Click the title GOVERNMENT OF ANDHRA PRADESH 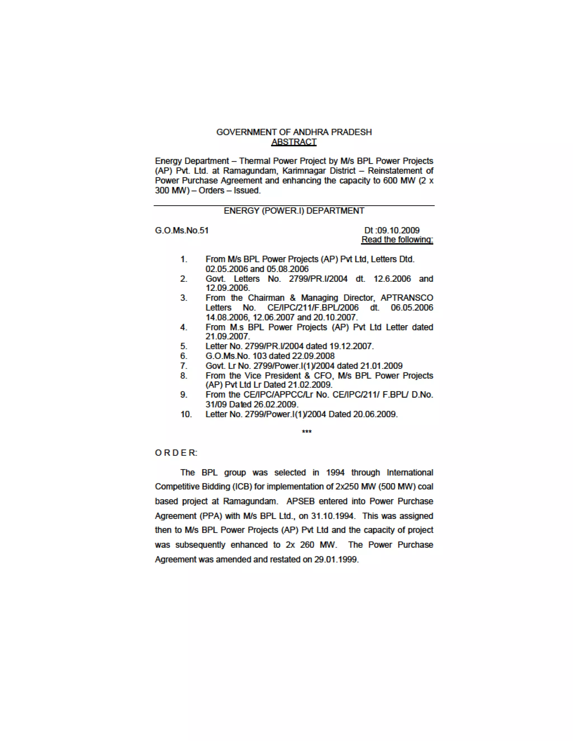(x=294, y=132)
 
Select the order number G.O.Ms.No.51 (x=182, y=230)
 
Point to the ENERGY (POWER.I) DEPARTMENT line (x=294, y=211)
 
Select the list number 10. (x=186, y=414)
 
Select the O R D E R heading (x=176, y=453)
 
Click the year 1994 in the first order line (x=335, y=473)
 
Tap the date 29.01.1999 (x=336, y=560)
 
